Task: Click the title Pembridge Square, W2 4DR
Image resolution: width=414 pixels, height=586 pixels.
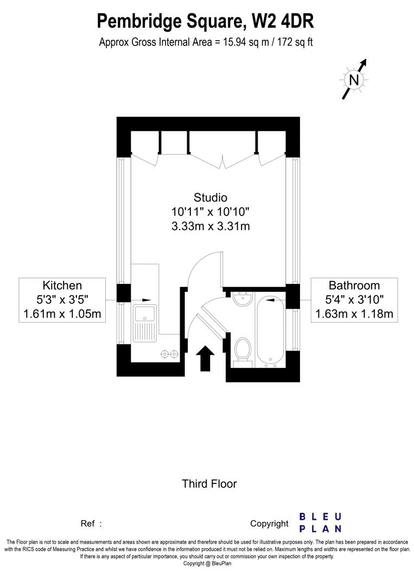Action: pos(206,22)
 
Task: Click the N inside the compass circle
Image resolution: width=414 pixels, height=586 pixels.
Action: pos(354,80)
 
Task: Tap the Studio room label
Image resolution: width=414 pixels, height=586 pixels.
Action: pos(211,198)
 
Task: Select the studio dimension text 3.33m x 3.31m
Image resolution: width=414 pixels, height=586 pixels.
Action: pos(211,226)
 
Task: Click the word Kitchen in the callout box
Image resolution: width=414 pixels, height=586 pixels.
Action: pos(62,285)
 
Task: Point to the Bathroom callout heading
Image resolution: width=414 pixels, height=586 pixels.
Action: pos(354,285)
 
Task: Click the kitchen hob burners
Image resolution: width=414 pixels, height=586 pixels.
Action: pos(169,354)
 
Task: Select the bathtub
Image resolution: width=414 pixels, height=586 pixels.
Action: pos(270,331)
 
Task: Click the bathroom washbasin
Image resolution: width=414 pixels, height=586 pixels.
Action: pos(241,298)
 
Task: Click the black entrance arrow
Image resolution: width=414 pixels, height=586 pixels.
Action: pos(205,359)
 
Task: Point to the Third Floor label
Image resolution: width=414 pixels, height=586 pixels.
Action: pos(209,483)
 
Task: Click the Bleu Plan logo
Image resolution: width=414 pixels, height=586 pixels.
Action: pos(321,523)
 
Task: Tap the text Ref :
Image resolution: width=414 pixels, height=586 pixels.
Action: pos(91,524)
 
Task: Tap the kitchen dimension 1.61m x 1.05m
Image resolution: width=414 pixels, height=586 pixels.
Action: pos(62,314)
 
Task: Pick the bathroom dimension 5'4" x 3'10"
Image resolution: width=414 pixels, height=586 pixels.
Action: pos(354,300)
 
